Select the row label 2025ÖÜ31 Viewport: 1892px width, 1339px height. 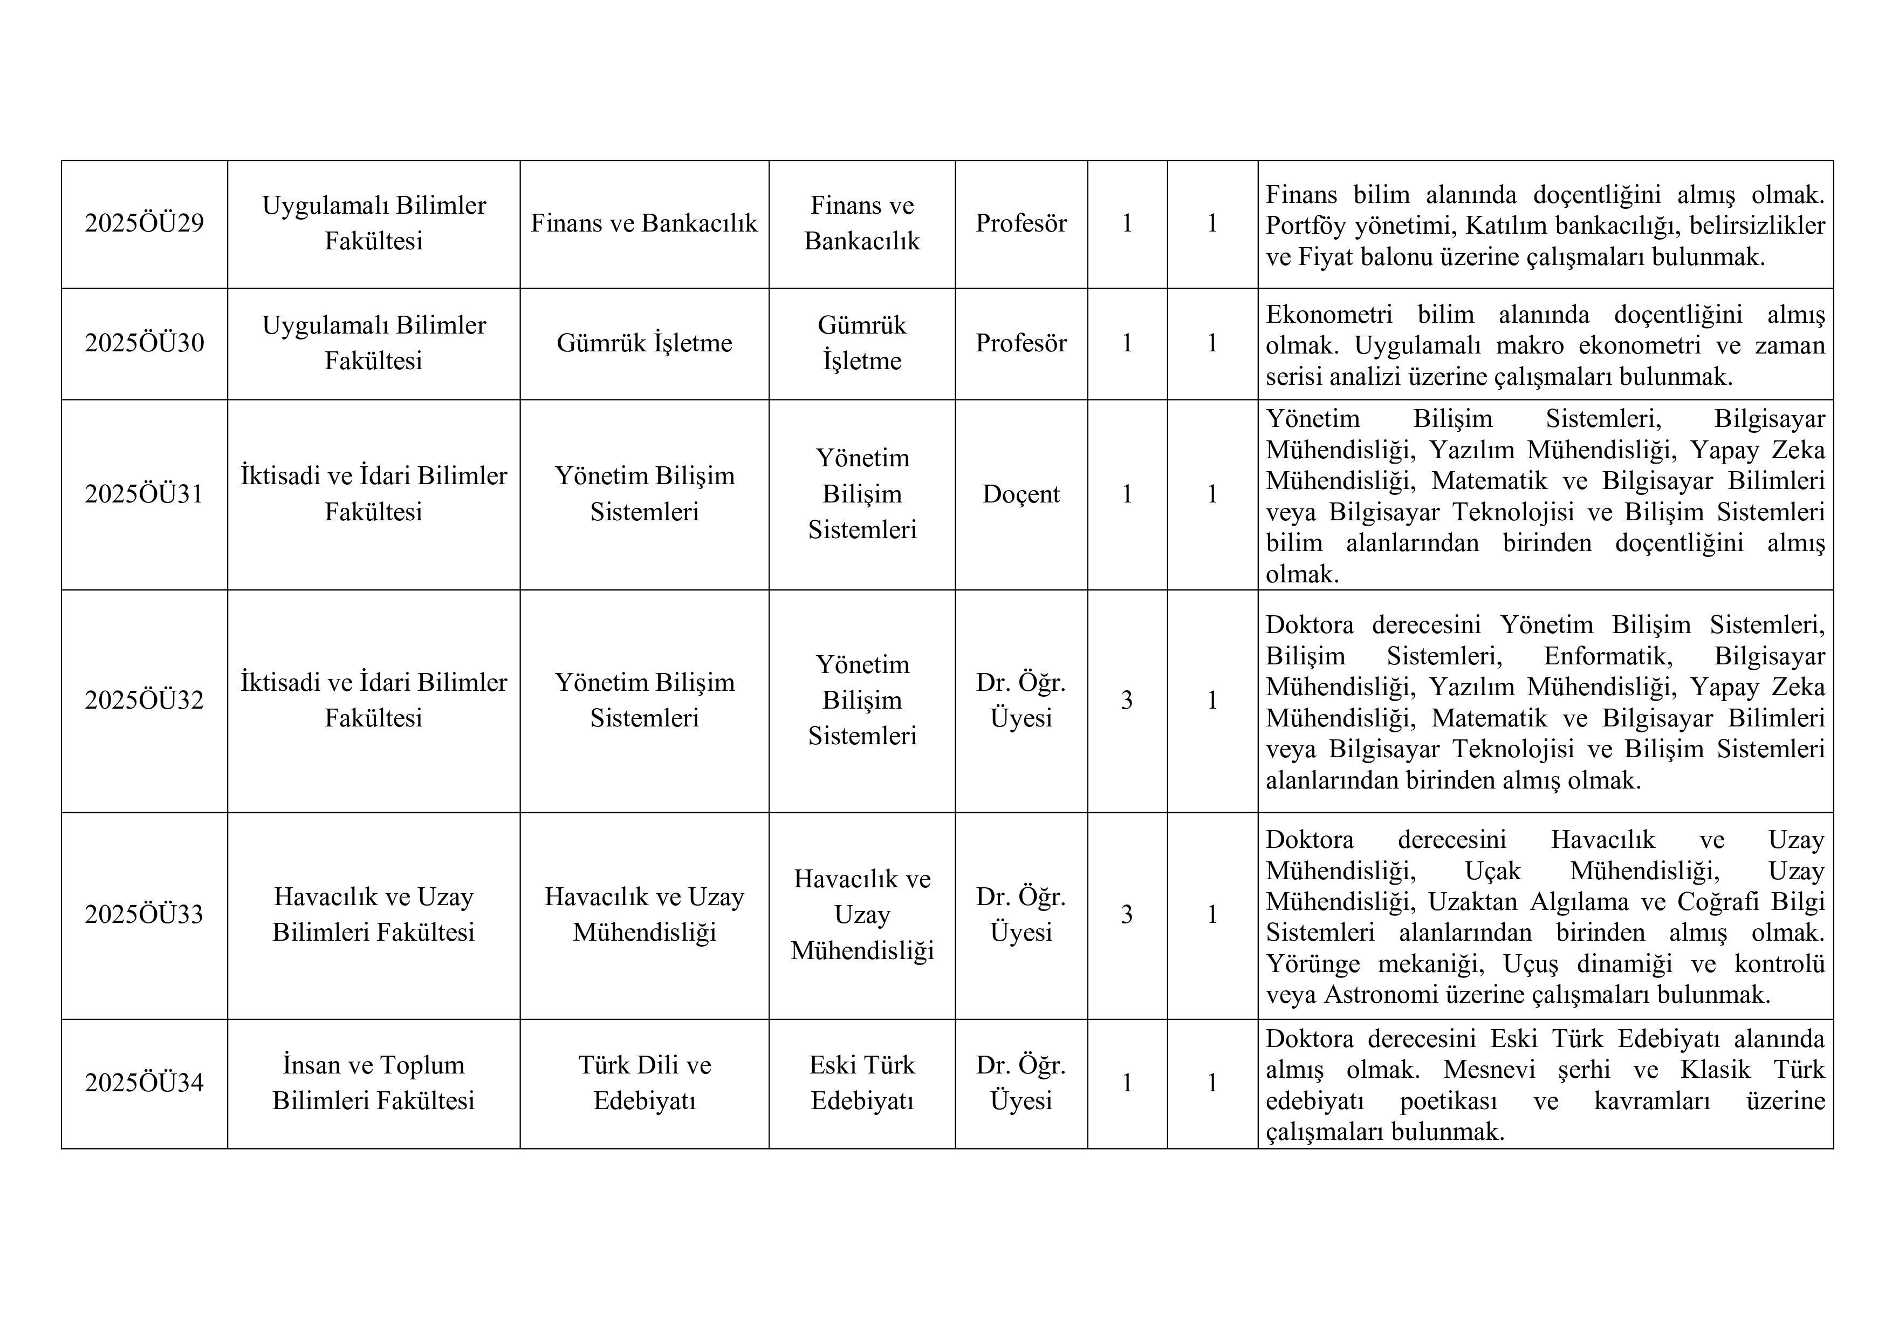144,494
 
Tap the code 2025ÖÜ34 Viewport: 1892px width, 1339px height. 144,1083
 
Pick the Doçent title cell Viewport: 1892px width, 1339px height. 1021,494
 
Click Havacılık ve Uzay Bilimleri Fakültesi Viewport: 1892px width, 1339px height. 373,914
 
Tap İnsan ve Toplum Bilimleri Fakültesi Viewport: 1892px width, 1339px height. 373,1083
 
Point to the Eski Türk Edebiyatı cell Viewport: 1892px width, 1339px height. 861,1083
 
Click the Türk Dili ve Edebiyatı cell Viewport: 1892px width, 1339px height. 643,1083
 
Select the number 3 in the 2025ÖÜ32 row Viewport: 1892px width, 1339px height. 1127,700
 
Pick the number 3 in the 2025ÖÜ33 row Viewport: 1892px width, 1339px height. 1127,914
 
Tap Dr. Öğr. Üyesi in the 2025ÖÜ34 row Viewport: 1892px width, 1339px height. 1021,1083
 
